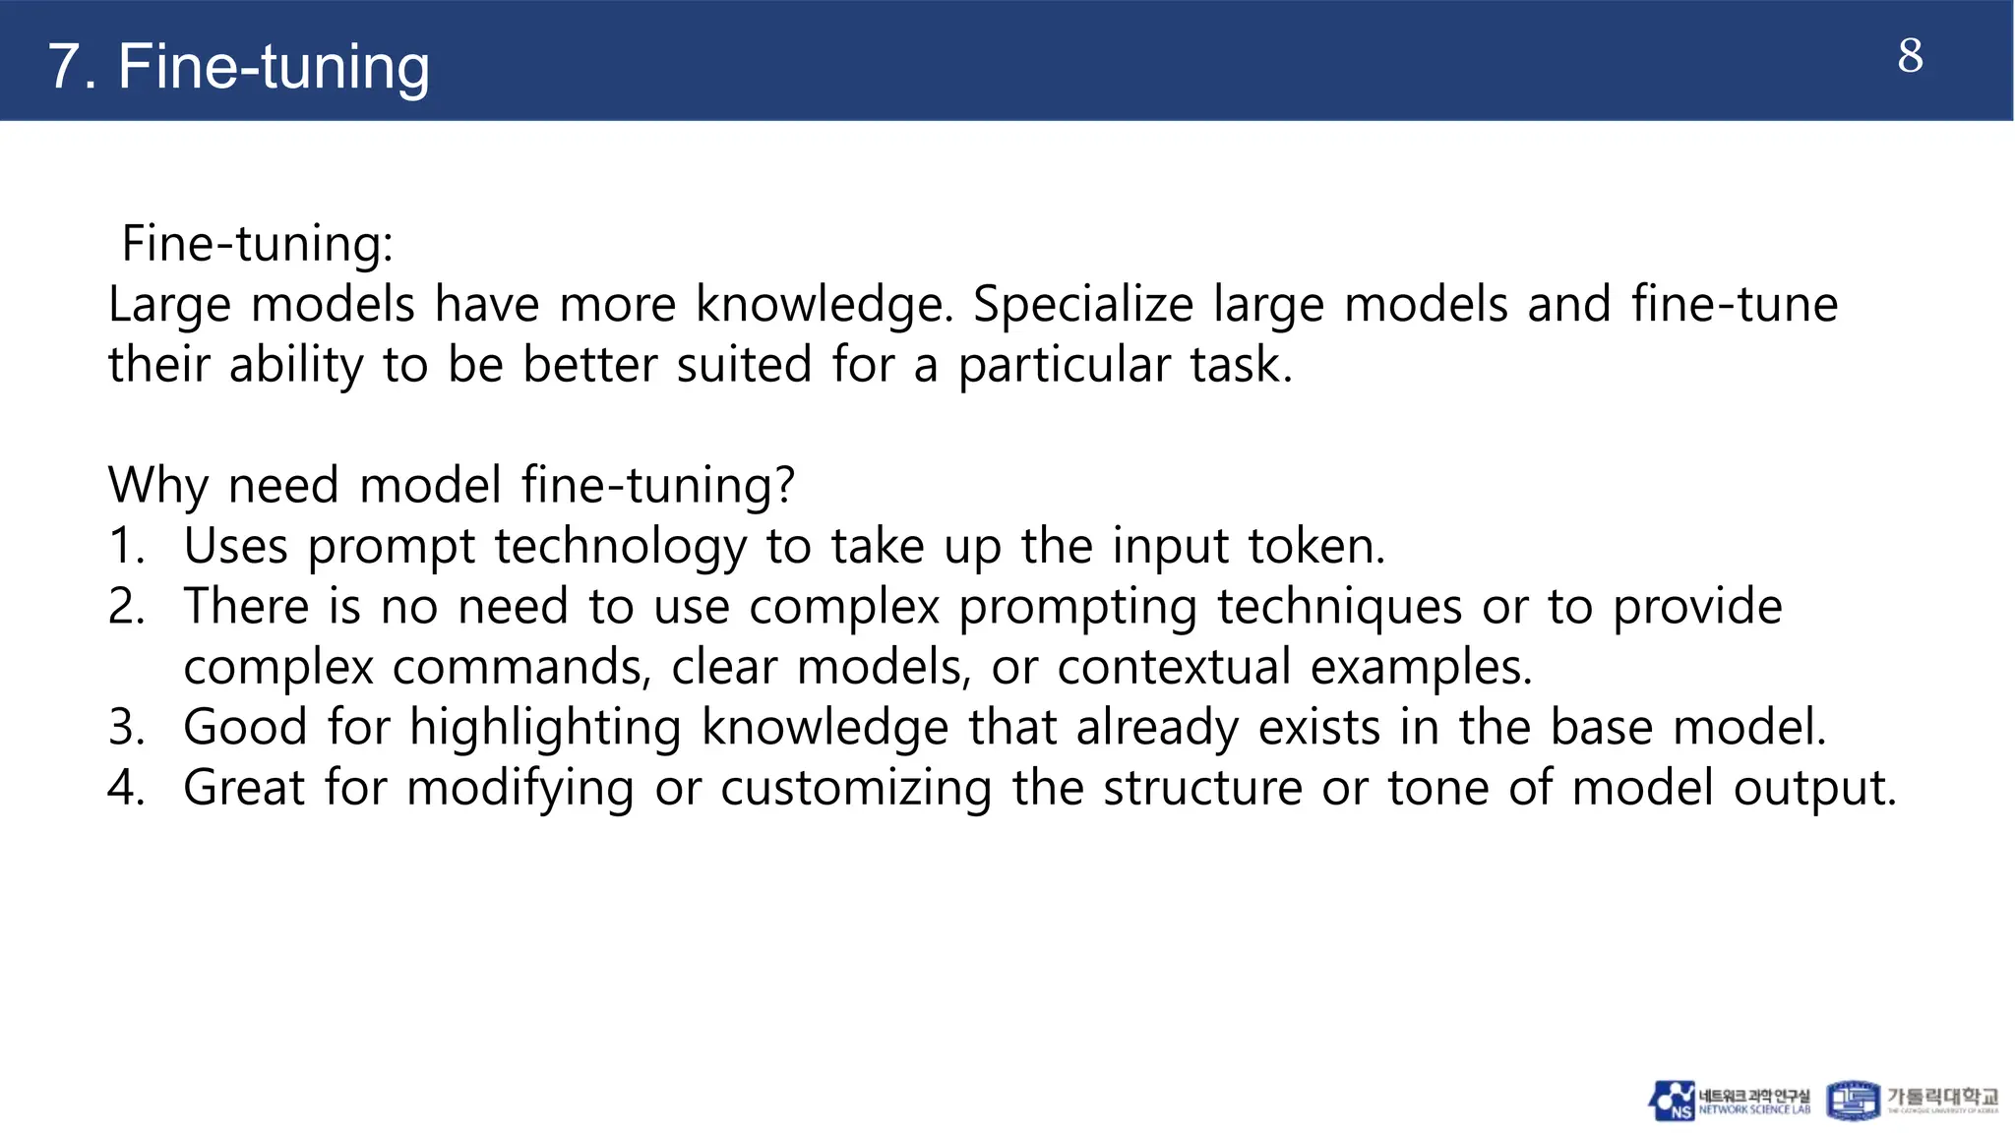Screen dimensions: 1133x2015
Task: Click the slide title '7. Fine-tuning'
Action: [x=238, y=67]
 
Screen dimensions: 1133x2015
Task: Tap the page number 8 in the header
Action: [x=1910, y=56]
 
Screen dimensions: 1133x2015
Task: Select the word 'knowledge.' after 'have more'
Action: [x=824, y=304]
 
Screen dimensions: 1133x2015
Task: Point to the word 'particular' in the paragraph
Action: [x=1064, y=365]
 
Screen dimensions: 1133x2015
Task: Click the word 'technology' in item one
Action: [x=620, y=547]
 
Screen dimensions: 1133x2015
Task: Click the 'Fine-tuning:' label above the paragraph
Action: [x=257, y=243]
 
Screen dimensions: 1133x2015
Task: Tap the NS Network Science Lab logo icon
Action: [x=1672, y=1101]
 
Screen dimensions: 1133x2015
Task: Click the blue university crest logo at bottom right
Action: [x=1853, y=1101]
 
